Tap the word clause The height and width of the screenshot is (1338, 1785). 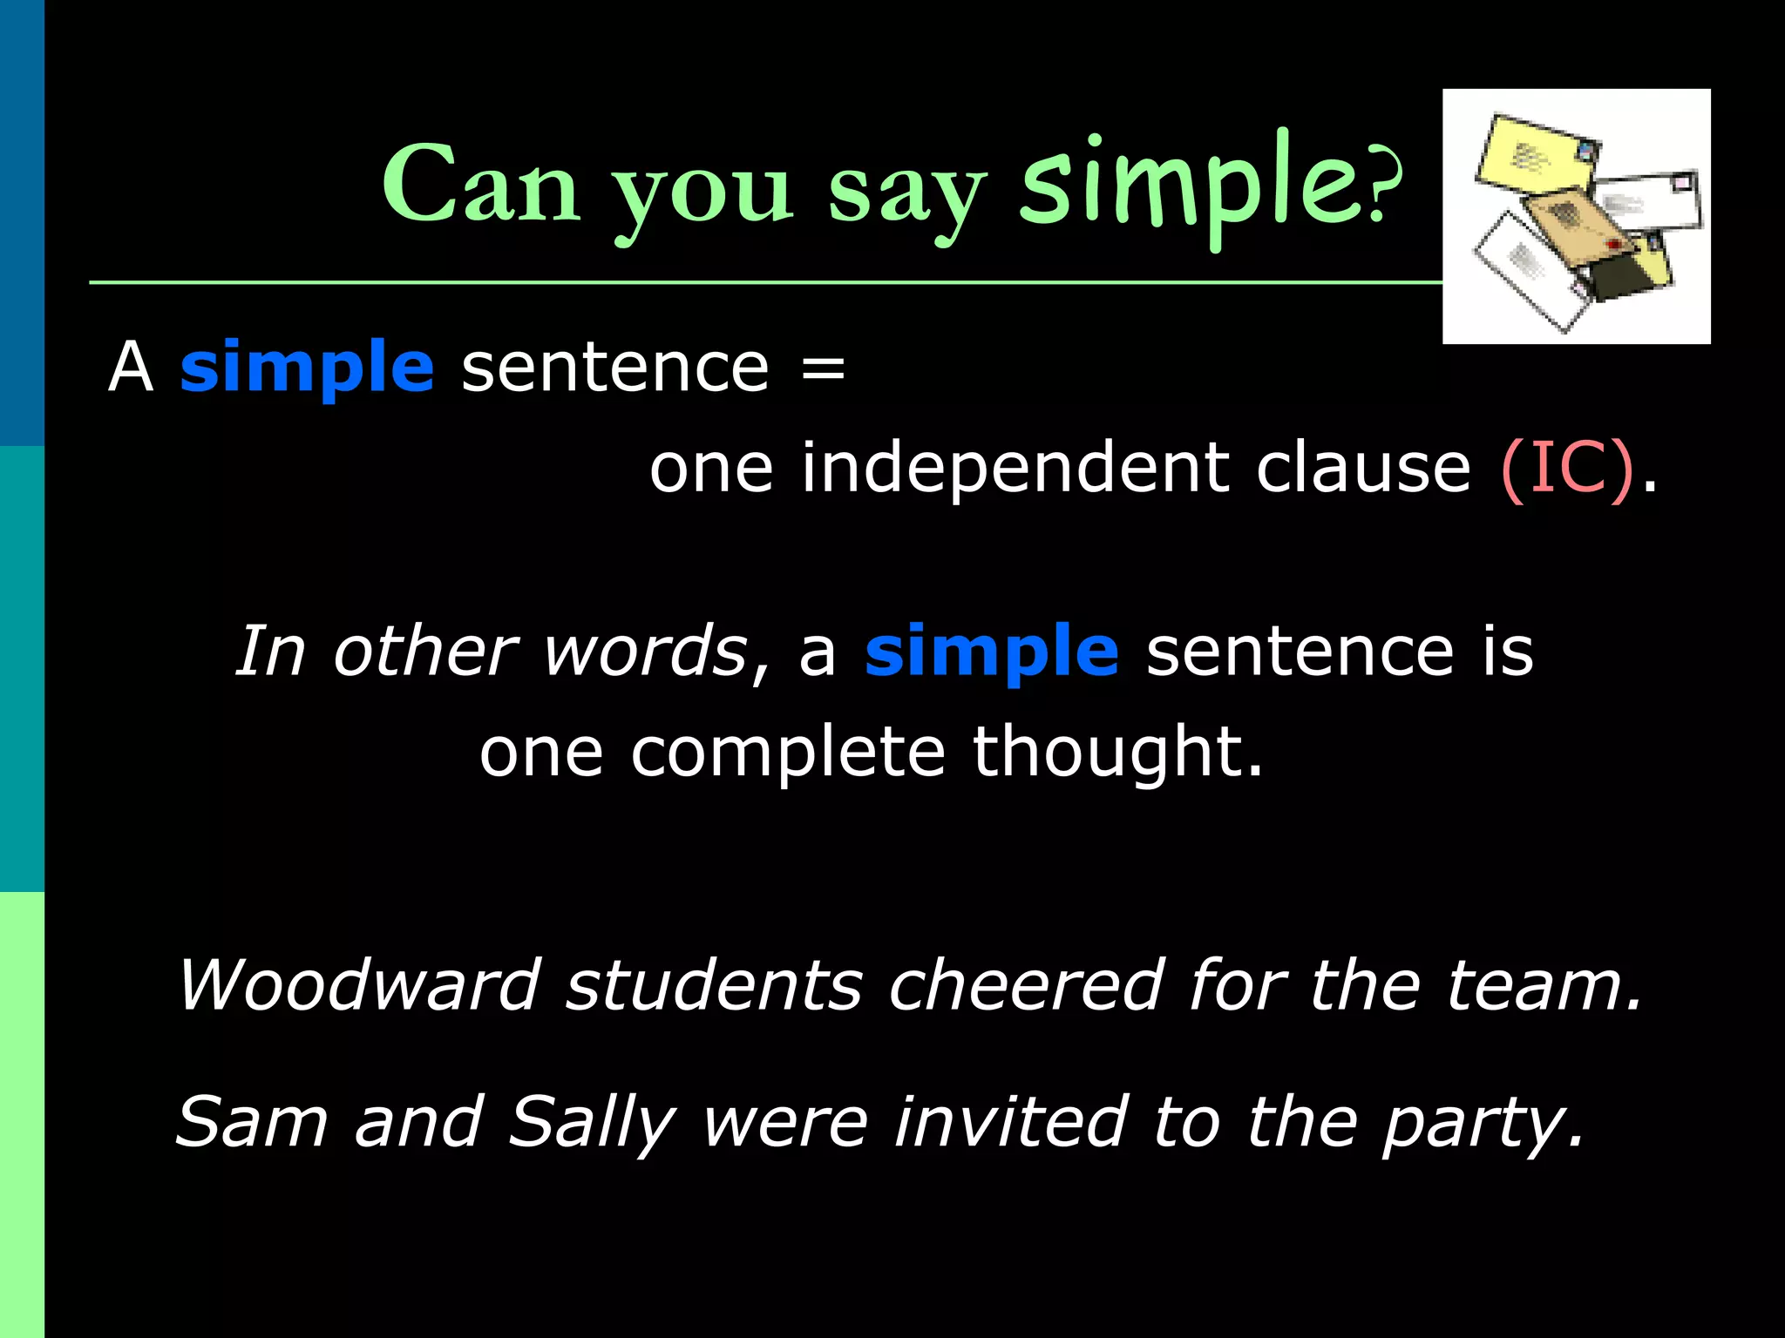click(x=1363, y=469)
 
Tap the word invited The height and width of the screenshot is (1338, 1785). click(x=1010, y=1122)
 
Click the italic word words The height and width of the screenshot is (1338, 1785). click(x=643, y=652)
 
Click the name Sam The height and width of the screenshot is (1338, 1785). click(x=251, y=1122)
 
